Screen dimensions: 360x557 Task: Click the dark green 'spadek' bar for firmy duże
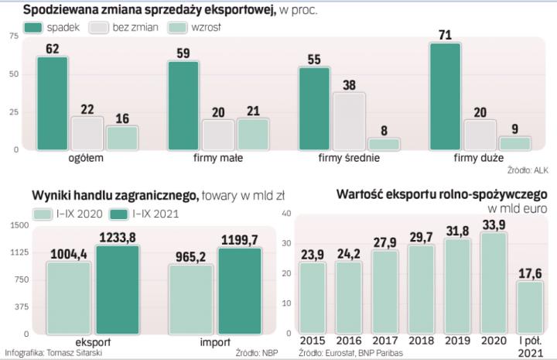click(x=445, y=96)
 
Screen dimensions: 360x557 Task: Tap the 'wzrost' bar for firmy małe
click(x=252, y=133)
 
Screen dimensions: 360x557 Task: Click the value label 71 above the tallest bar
click(x=445, y=36)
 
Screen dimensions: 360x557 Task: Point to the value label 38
click(x=349, y=85)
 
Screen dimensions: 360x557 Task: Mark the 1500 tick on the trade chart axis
click(x=19, y=225)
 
